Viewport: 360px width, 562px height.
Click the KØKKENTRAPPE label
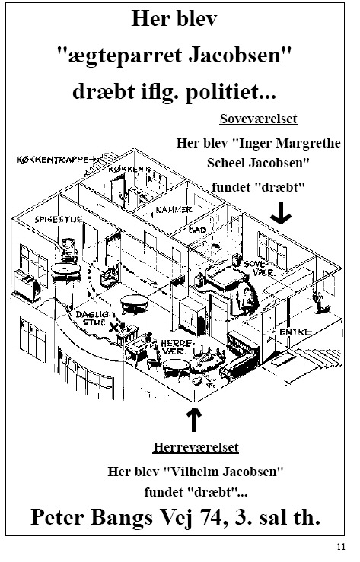point(52,160)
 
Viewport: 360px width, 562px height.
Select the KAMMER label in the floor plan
point(174,209)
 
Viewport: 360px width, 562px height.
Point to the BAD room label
point(197,230)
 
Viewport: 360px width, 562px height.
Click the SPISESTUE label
point(59,219)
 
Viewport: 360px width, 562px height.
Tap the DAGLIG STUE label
point(93,318)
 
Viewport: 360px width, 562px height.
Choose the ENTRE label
point(295,332)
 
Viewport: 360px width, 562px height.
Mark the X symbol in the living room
point(114,327)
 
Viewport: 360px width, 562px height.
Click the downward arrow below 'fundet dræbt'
point(281,212)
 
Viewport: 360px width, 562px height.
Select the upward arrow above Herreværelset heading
point(194,418)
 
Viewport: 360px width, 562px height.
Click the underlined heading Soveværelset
point(259,119)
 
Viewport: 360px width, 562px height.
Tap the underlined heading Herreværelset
point(196,447)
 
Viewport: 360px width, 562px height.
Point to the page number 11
point(341,546)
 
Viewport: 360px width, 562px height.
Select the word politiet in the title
point(231,91)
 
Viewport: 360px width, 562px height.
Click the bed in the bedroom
point(227,277)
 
